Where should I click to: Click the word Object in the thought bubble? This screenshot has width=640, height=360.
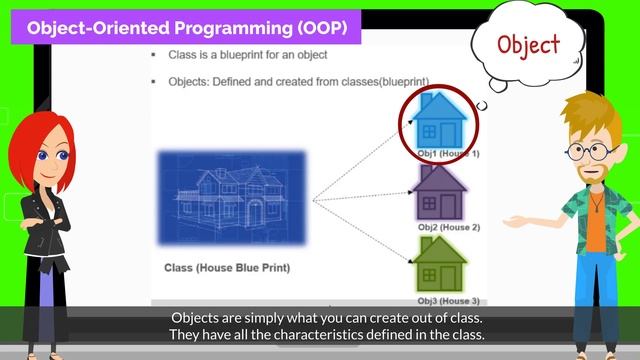tap(528, 45)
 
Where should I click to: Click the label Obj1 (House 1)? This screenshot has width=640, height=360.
tap(448, 154)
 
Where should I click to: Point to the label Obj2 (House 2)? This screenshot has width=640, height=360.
tap(448, 227)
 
